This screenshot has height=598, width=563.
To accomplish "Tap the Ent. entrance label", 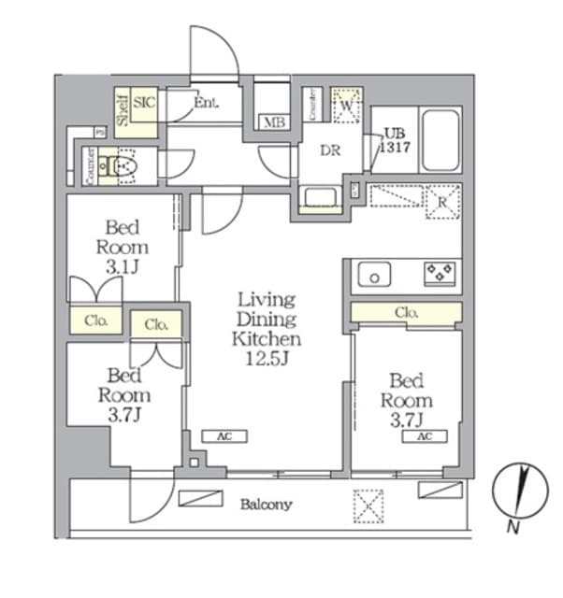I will point(206,104).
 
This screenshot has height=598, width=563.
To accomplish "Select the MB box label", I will point(273,122).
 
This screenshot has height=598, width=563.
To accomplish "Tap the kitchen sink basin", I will point(376,275).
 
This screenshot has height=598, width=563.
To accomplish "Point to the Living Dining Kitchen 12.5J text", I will point(267,330).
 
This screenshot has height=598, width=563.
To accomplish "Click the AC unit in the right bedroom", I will point(425,436).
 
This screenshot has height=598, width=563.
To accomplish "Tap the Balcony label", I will point(267,505).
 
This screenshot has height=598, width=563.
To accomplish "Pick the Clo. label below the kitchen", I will point(406,312).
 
